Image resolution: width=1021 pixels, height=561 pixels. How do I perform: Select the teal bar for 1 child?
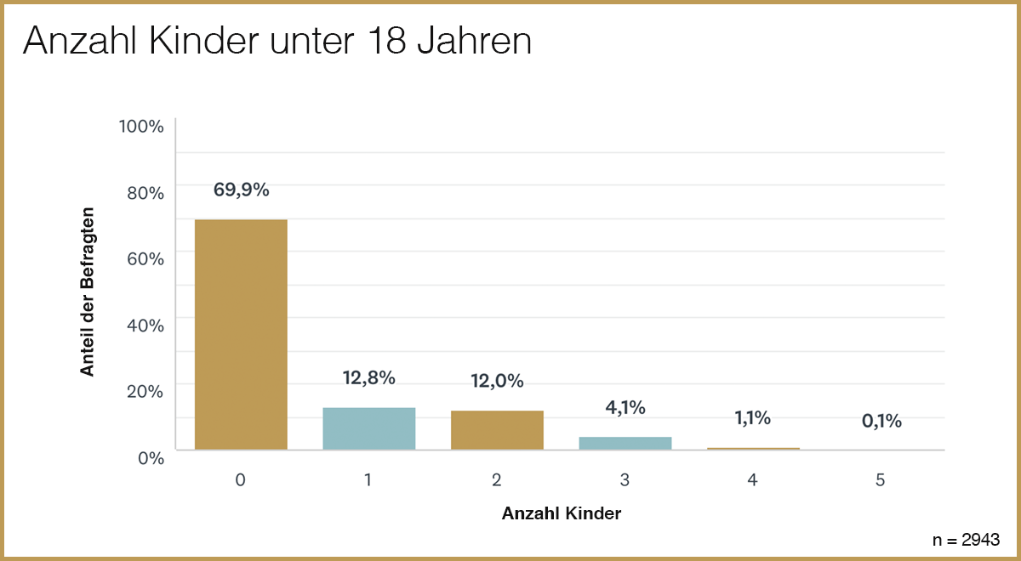[x=368, y=428]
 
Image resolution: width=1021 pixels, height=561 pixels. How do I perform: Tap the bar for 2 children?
[x=497, y=430]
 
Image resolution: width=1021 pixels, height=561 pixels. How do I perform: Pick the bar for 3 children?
[x=625, y=443]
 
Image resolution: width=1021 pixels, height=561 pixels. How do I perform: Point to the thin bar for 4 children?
[x=753, y=448]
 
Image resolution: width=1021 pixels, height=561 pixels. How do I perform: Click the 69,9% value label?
[x=241, y=190]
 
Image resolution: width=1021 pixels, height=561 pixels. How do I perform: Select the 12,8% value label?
[x=368, y=378]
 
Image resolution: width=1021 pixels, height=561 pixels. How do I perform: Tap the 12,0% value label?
[x=497, y=382]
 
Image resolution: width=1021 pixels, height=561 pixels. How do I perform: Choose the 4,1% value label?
[x=625, y=408]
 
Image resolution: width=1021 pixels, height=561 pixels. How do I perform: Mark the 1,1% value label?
[x=753, y=417]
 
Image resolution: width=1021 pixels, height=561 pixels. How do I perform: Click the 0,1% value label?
[x=881, y=421]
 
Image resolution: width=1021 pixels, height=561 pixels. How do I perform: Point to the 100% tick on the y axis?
[x=141, y=127]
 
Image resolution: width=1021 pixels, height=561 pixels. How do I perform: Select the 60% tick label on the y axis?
[x=145, y=259]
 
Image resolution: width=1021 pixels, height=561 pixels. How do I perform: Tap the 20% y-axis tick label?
[x=145, y=392]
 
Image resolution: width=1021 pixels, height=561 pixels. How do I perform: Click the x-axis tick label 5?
[x=881, y=480]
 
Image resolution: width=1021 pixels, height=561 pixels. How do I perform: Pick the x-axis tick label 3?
[x=625, y=480]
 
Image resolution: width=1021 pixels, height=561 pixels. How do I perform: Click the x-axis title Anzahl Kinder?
[x=561, y=514]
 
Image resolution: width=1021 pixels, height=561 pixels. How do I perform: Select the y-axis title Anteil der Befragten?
[x=87, y=291]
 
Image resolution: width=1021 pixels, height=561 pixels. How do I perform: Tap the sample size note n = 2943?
[x=966, y=539]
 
